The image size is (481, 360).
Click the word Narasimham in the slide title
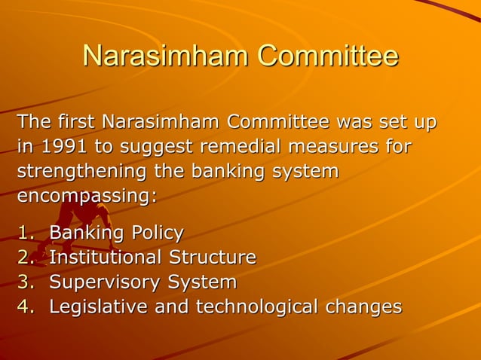(164, 56)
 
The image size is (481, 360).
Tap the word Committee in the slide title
(327, 56)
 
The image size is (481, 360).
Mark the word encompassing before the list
(84, 196)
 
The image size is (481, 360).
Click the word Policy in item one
(154, 233)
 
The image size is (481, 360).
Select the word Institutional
(105, 258)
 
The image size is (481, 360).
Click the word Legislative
(98, 307)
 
